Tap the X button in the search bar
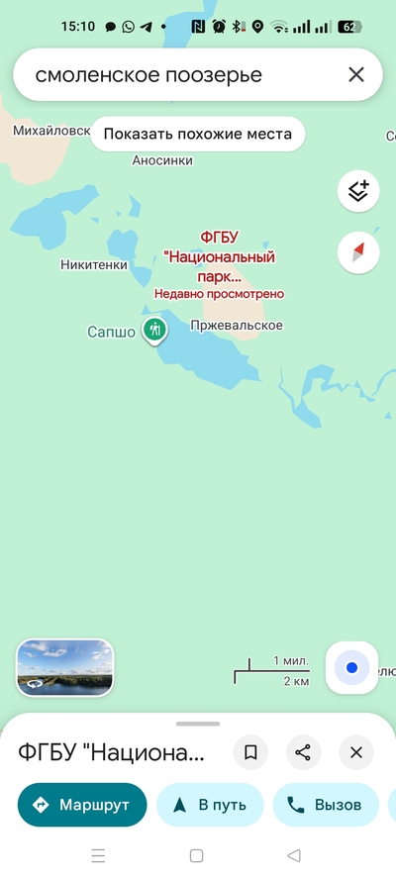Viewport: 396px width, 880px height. pyautogui.click(x=356, y=74)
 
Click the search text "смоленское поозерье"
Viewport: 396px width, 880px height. pyautogui.click(x=148, y=74)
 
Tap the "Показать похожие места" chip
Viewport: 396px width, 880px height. pyautogui.click(x=198, y=134)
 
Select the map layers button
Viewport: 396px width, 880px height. pyautogui.click(x=358, y=191)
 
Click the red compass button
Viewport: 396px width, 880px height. pyautogui.click(x=358, y=251)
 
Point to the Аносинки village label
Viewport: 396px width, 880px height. pyautogui.click(x=162, y=160)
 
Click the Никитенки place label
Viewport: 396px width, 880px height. pyautogui.click(x=94, y=264)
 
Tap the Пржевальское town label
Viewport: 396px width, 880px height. pyautogui.click(x=237, y=326)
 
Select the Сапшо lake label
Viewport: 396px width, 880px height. pyautogui.click(x=111, y=333)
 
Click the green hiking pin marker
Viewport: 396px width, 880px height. pyautogui.click(x=153, y=330)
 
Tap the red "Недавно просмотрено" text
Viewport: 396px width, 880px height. pyautogui.click(x=219, y=294)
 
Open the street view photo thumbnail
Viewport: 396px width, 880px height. pyautogui.click(x=64, y=667)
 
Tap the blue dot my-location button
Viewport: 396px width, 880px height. pyautogui.click(x=351, y=668)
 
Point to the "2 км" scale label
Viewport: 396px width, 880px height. pyautogui.click(x=295, y=681)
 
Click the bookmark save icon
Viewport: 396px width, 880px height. pyautogui.click(x=250, y=753)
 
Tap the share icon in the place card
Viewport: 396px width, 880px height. pyautogui.click(x=303, y=753)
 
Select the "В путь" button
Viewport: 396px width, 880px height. pyautogui.click(x=210, y=805)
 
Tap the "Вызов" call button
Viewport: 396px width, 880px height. pyautogui.click(x=326, y=805)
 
